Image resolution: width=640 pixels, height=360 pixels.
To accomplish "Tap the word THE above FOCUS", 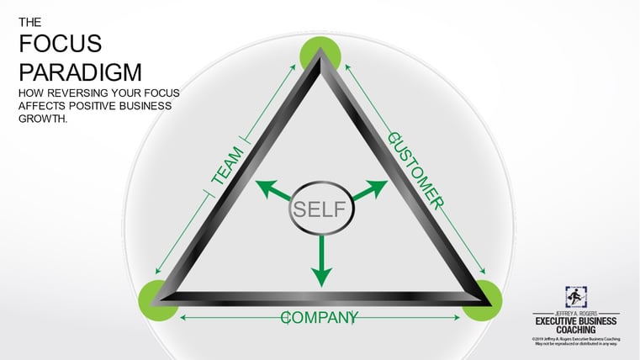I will pyautogui.click(x=29, y=23).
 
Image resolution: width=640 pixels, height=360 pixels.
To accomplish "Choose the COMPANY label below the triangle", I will pyautogui.click(x=320, y=317).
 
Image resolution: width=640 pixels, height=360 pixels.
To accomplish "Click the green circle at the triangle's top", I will pyautogui.click(x=320, y=55).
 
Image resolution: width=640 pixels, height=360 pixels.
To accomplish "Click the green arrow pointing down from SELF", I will pyautogui.click(x=320, y=262).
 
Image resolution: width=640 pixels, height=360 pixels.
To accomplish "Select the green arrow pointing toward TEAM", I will pyautogui.click(x=270, y=188).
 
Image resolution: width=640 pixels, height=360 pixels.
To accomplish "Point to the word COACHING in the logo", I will pyautogui.click(x=575, y=331).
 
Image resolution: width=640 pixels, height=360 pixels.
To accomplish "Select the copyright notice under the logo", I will pyautogui.click(x=575, y=341).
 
